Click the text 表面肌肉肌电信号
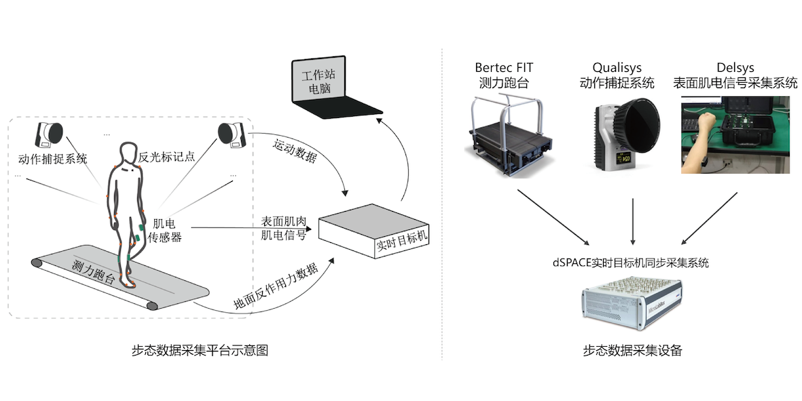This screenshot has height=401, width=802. click(283, 229)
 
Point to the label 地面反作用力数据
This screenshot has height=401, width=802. click(275, 284)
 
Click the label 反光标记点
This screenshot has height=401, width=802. click(167, 157)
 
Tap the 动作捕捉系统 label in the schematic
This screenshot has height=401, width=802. click(52, 160)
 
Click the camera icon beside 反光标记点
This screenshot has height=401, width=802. click(231, 134)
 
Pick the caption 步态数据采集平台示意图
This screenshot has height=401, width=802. click(201, 350)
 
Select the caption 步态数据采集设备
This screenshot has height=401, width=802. click(632, 350)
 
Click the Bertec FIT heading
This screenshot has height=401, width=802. click(504, 68)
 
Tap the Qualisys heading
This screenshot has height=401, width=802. click(617, 68)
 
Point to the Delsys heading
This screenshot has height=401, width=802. click(735, 68)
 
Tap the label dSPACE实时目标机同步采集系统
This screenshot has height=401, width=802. click(631, 262)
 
